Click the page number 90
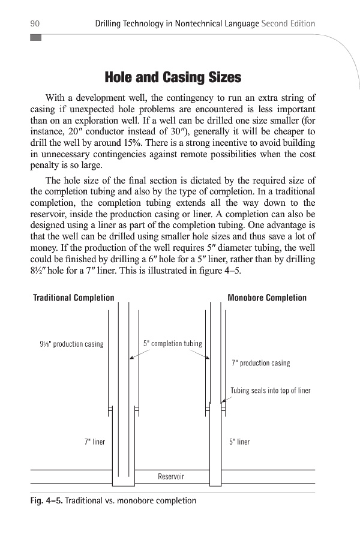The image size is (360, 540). [x=35, y=23]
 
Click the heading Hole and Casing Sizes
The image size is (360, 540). [x=173, y=77]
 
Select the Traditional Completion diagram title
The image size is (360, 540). [x=73, y=298]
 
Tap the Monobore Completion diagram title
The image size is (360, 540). [x=267, y=298]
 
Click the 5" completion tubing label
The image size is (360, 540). [x=173, y=344]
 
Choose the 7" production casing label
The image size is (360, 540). [x=260, y=363]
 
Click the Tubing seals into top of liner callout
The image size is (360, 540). [x=271, y=391]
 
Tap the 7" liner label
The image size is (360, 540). [x=94, y=442]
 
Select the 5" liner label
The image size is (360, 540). [x=239, y=442]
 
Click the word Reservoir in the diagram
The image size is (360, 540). [x=171, y=476]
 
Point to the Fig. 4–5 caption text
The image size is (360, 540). [x=113, y=500]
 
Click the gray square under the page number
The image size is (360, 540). [x=35, y=37]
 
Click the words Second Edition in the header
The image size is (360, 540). [x=289, y=23]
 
